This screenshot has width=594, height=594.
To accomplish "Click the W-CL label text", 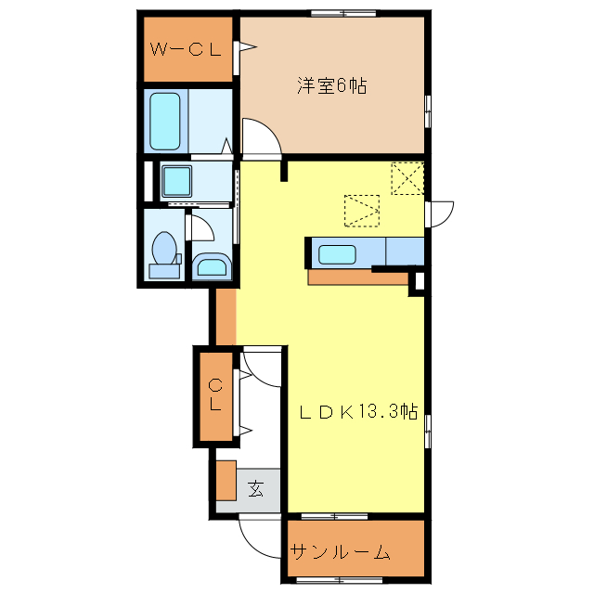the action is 186,49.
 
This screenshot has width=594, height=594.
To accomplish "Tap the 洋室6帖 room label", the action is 332,85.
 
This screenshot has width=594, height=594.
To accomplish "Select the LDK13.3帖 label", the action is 358,412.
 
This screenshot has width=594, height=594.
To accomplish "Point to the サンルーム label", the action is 340,552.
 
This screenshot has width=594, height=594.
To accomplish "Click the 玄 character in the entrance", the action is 256,489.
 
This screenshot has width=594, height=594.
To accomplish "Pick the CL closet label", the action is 215,395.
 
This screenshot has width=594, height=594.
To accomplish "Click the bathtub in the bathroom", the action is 165,122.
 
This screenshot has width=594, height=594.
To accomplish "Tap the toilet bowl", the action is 164,249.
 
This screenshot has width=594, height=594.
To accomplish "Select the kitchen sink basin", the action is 337,254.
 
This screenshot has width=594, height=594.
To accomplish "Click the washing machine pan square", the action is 176,181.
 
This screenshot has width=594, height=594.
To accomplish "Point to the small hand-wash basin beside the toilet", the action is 212,265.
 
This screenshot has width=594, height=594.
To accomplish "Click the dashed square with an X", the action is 407,178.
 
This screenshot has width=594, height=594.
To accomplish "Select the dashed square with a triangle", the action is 362,211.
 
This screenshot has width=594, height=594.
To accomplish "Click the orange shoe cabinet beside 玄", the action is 226,481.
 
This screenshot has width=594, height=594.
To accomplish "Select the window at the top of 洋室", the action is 343,14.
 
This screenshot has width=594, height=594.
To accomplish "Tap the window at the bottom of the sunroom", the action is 339,580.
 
